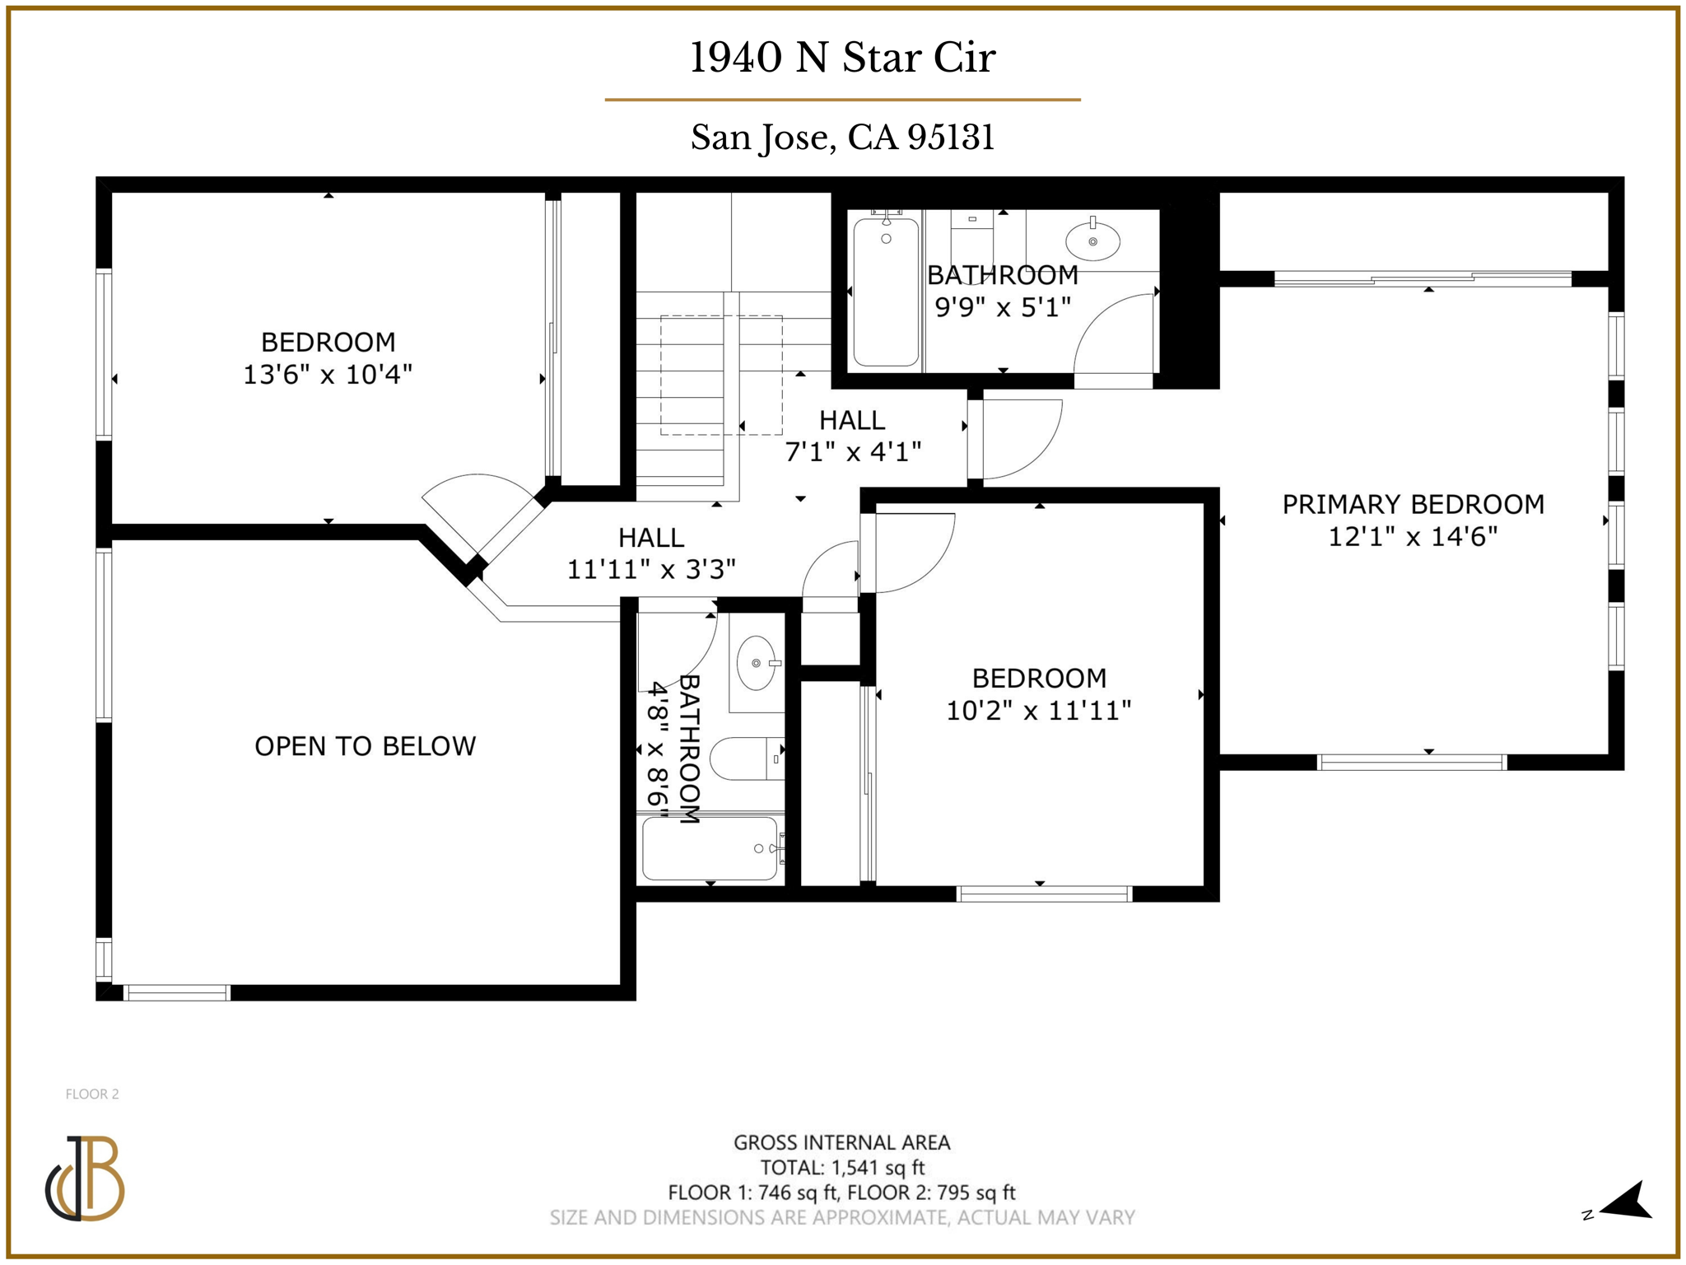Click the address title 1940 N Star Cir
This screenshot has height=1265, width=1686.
(842, 58)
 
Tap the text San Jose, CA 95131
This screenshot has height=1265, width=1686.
(842, 137)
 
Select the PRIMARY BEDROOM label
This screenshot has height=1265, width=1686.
(1413, 504)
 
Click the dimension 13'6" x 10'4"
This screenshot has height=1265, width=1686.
(328, 375)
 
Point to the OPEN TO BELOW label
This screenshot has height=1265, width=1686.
(365, 746)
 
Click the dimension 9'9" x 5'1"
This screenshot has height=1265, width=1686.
(1003, 307)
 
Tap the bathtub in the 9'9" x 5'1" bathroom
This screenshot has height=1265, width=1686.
(886, 292)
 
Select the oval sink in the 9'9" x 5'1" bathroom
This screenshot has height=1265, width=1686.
(1092, 241)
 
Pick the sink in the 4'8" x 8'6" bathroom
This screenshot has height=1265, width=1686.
(757, 663)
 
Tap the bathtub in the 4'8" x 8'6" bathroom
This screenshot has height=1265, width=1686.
(710, 848)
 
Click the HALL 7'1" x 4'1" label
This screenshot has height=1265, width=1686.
(852, 421)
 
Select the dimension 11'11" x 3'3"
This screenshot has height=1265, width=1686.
(650, 569)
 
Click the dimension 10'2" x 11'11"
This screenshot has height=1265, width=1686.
(1038, 710)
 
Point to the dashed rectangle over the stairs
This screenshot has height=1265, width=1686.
(720, 375)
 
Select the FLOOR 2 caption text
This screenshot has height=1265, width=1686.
(92, 1094)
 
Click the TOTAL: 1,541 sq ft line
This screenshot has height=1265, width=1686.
(841, 1167)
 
